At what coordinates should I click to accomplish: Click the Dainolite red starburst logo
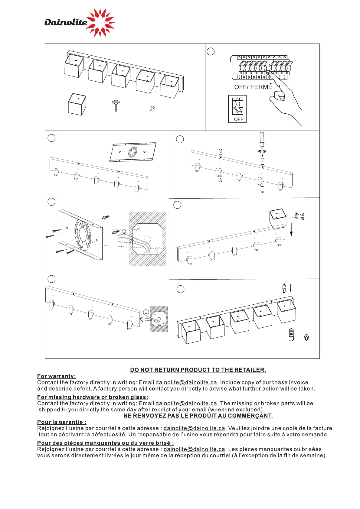click(x=100, y=22)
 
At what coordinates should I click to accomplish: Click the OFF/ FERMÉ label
click(x=253, y=87)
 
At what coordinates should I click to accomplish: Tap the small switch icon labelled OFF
click(x=237, y=109)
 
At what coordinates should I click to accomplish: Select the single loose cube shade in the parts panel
click(x=77, y=104)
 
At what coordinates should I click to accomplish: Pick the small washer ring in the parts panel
click(x=152, y=109)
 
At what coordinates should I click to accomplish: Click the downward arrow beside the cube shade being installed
click(x=291, y=229)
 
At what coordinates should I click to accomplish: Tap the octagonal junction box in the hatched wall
click(x=148, y=239)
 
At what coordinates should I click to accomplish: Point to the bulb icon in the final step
click(x=291, y=334)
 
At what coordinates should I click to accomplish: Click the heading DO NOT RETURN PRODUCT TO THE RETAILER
click(x=198, y=370)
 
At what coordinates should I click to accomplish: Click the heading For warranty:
click(x=57, y=376)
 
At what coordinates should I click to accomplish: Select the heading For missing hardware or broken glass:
click(x=93, y=397)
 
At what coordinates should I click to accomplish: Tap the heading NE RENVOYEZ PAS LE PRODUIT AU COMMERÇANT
click(x=198, y=416)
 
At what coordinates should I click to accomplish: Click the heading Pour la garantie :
click(x=62, y=422)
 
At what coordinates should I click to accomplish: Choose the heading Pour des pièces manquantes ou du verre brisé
click(x=105, y=443)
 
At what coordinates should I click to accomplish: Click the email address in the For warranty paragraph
click(x=186, y=383)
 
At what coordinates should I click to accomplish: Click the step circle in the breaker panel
click(x=211, y=51)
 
